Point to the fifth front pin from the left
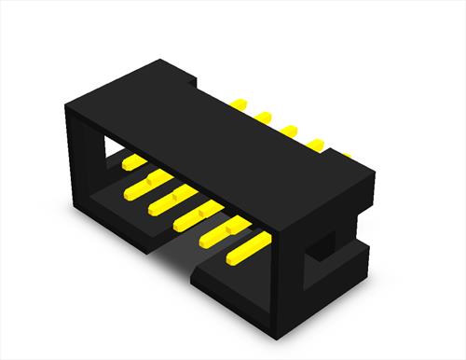pos(225,230)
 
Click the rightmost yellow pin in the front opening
pos(247,247)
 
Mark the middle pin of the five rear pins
pos(290,130)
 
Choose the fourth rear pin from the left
pos(316,144)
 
